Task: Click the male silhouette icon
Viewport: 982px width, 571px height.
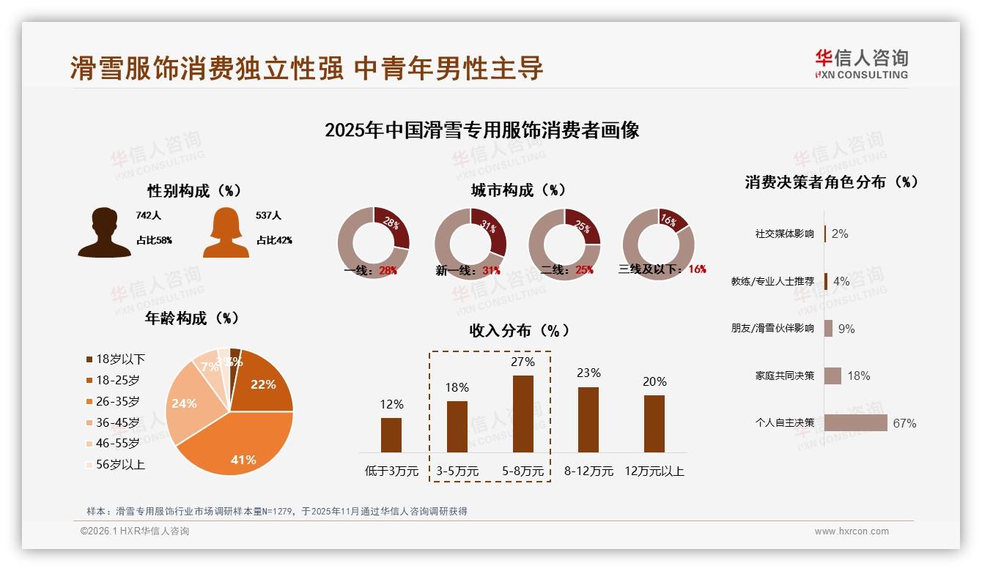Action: click(104, 232)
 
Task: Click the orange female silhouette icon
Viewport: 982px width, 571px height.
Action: click(226, 232)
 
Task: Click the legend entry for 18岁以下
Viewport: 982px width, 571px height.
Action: click(116, 359)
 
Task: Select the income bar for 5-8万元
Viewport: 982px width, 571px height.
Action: click(523, 414)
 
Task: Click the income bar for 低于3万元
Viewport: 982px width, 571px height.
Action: click(391, 435)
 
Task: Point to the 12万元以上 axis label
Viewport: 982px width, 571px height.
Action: click(654, 471)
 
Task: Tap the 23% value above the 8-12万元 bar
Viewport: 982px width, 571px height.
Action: click(588, 373)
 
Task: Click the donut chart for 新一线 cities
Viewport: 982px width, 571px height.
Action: click(470, 243)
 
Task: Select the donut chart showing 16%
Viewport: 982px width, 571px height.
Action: click(657, 243)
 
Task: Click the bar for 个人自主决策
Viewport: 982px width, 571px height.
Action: click(855, 422)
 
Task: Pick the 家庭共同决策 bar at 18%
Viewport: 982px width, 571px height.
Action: click(833, 376)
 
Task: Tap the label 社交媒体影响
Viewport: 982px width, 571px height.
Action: click(784, 234)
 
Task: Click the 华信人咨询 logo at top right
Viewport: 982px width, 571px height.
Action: click(861, 64)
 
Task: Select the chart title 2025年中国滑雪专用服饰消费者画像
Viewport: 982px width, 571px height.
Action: click(481, 130)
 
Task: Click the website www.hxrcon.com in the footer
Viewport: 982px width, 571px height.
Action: click(852, 531)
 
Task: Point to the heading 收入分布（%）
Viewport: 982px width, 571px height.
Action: click(519, 330)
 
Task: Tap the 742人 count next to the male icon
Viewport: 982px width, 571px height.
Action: click(148, 216)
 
